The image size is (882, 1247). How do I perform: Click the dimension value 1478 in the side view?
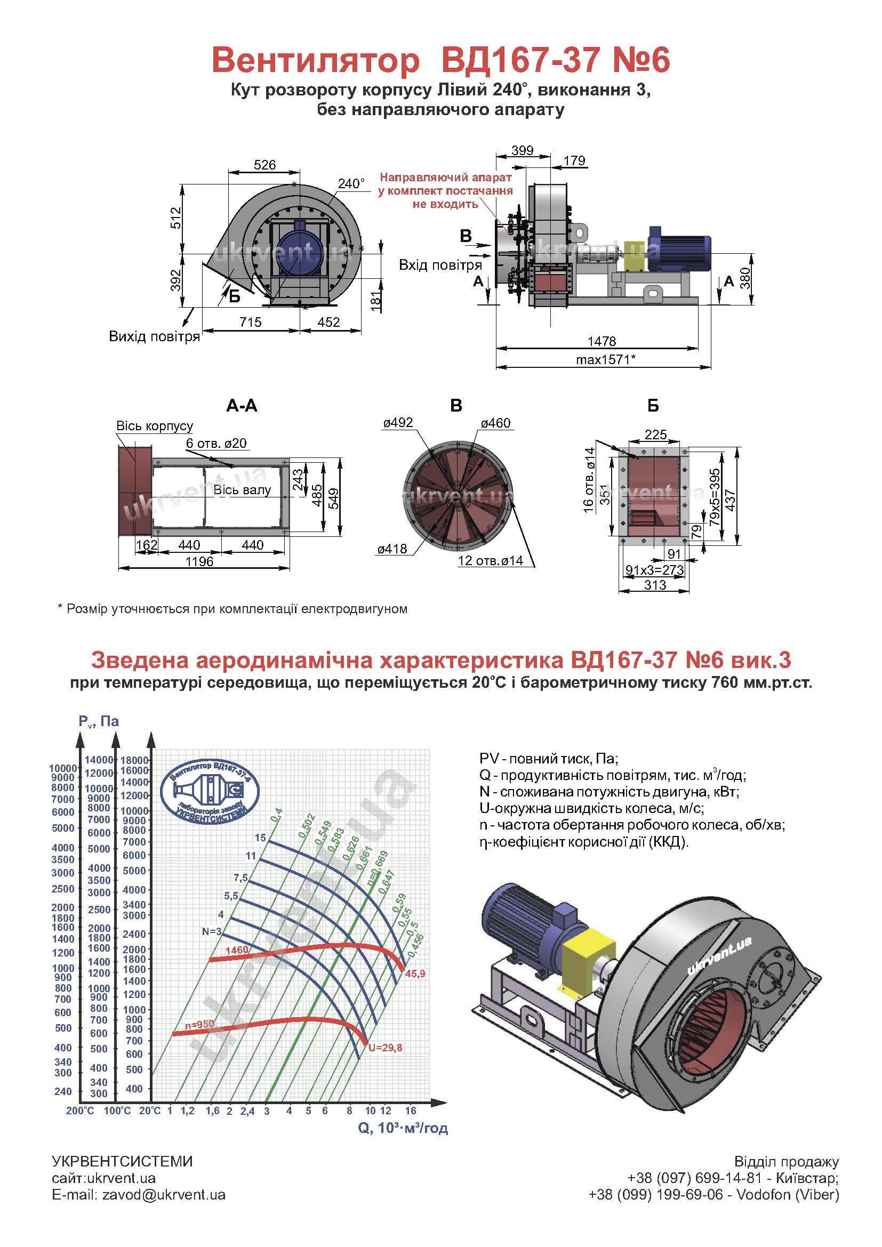click(x=602, y=341)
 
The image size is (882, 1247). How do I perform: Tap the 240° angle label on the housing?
click(x=351, y=183)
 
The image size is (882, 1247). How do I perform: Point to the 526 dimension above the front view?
click(x=264, y=165)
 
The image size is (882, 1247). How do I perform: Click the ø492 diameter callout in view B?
click(x=398, y=423)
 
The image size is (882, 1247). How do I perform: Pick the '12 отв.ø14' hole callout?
click(x=491, y=560)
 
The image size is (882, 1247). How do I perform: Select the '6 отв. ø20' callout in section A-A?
click(x=216, y=443)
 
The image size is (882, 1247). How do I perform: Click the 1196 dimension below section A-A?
click(x=199, y=561)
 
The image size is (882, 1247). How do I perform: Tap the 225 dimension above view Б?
click(x=655, y=435)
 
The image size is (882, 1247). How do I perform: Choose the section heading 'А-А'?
click(x=242, y=406)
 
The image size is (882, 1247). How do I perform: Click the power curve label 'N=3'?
click(x=212, y=931)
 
